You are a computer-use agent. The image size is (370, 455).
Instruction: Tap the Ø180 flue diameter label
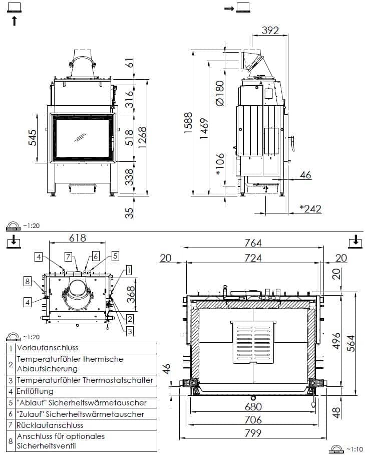pyautogui.click(x=219, y=93)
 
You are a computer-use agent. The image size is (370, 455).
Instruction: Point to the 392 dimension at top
pyautogui.click(x=270, y=31)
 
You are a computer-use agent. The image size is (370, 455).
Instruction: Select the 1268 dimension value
pyautogui.click(x=143, y=136)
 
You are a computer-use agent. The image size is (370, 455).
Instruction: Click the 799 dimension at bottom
pyautogui.click(x=253, y=434)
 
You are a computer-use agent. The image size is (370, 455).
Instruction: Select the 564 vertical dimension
pyautogui.click(x=351, y=343)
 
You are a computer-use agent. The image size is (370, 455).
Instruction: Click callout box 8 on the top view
pyautogui.click(x=28, y=281)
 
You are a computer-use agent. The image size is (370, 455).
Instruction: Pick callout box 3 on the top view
pyautogui.click(x=129, y=330)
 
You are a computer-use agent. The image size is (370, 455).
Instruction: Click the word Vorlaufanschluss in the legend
pyautogui.click(x=48, y=347)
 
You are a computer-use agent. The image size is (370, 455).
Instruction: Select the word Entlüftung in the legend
pyautogui.click(x=35, y=391)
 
